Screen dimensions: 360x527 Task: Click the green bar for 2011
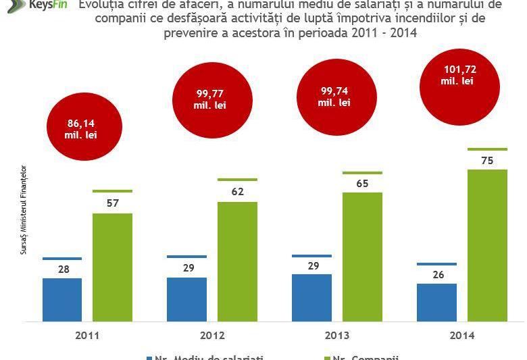click(x=112, y=267)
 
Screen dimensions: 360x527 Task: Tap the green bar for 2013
click(x=362, y=257)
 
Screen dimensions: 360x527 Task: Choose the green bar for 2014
click(x=487, y=245)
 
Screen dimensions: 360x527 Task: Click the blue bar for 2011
click(x=62, y=299)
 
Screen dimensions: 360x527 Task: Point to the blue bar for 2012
click(x=187, y=299)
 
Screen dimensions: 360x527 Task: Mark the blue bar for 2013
click(x=312, y=297)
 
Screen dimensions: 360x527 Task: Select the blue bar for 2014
click(x=437, y=302)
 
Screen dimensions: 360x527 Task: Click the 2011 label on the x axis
click(x=87, y=335)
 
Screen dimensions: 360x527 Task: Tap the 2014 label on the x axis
click(x=462, y=335)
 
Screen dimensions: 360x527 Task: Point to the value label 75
click(x=486, y=161)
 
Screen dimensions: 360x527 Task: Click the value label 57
click(x=112, y=203)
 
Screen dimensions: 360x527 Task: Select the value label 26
click(x=437, y=274)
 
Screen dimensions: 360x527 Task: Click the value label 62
click(x=237, y=192)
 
